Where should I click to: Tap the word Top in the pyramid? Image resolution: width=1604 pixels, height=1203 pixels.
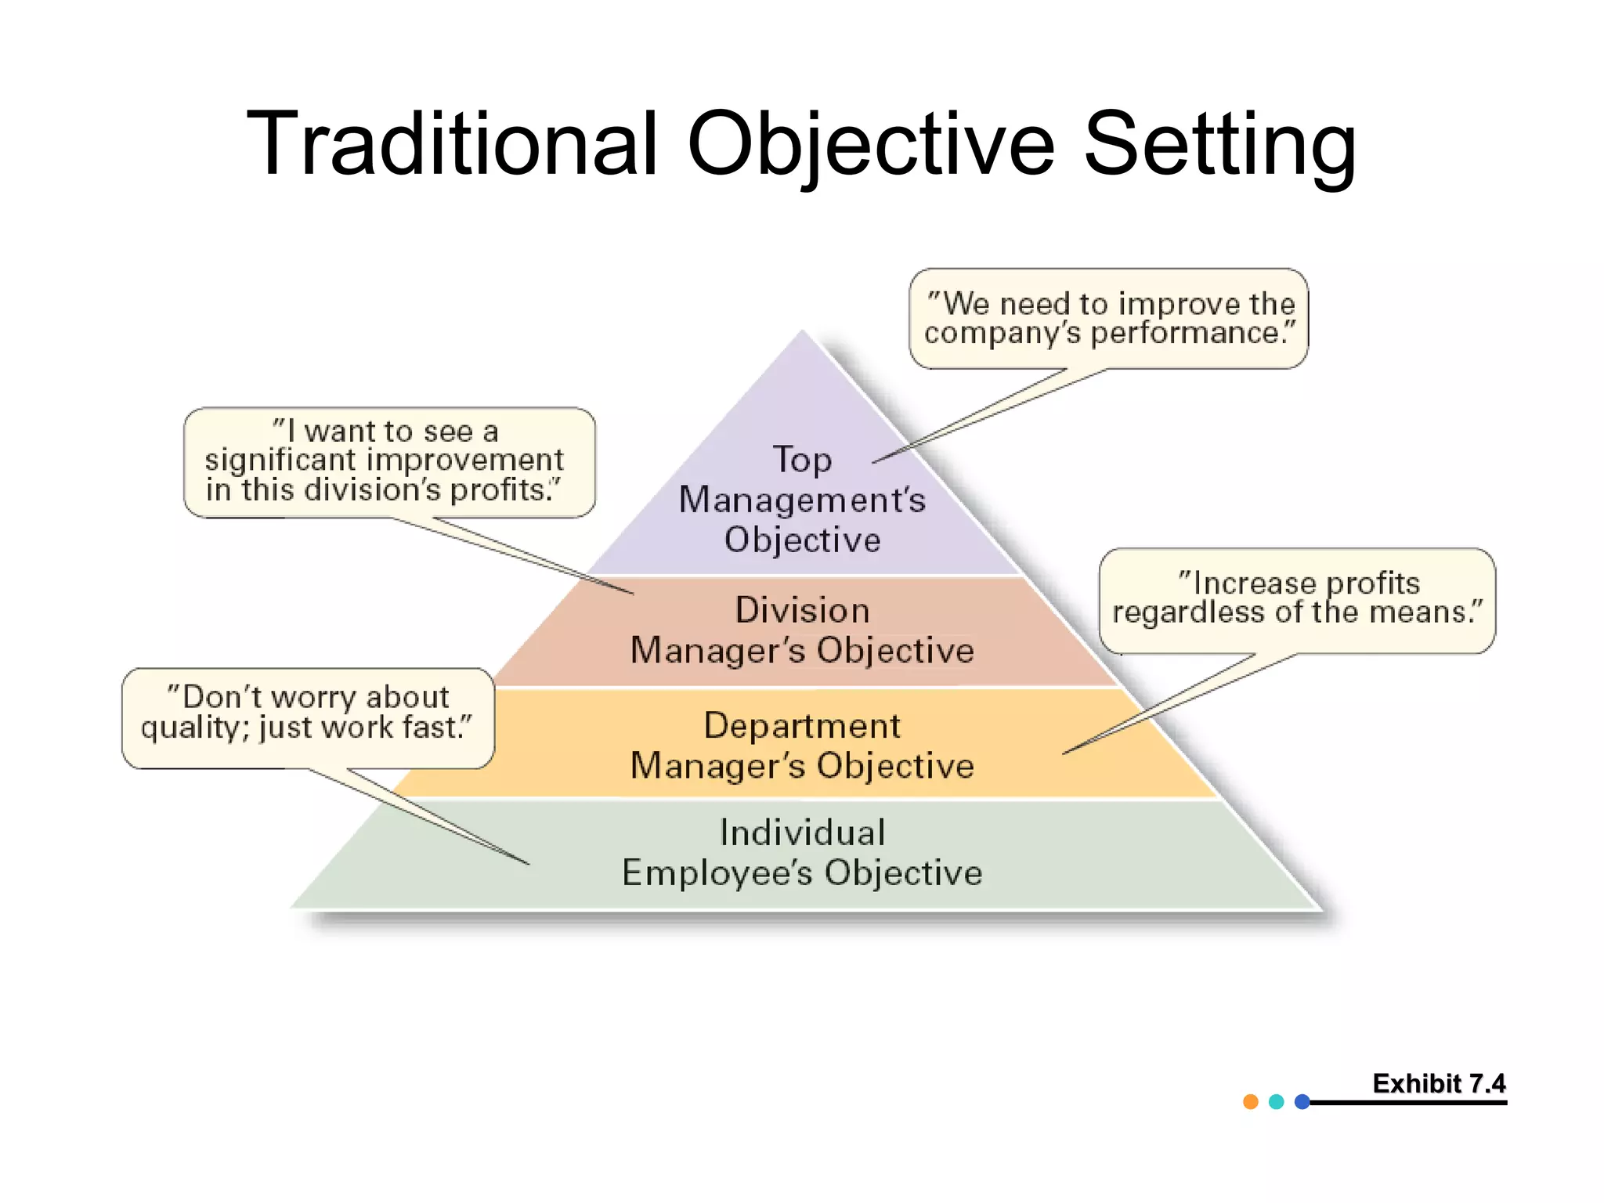click(802, 460)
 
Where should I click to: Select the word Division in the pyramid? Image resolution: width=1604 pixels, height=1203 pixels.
click(802, 610)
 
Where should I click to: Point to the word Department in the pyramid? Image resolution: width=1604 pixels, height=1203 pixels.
click(802, 726)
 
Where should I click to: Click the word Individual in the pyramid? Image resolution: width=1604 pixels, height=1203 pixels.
click(802, 833)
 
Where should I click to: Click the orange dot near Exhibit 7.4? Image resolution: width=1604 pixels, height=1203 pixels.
click(1251, 1102)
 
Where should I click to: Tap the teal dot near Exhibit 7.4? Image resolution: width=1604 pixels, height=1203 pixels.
click(1277, 1102)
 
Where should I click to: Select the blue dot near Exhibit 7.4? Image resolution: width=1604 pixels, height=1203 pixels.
click(1302, 1102)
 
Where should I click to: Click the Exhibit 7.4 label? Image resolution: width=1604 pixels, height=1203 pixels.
click(1439, 1084)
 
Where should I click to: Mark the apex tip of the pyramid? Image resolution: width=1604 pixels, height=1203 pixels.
click(802, 332)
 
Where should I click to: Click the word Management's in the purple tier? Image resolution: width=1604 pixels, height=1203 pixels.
click(802, 500)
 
